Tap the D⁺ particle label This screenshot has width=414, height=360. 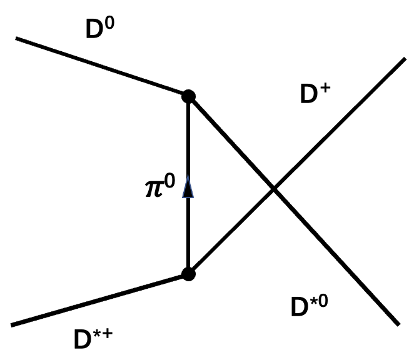tap(315, 94)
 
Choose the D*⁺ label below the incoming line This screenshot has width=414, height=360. tap(93, 339)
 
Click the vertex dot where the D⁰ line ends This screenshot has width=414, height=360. tap(188, 96)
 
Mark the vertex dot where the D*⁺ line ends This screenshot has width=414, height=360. tap(188, 274)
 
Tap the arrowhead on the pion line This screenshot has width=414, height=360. tap(187, 187)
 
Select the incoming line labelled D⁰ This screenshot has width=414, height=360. tap(100, 67)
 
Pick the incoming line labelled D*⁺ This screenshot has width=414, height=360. tap(100, 299)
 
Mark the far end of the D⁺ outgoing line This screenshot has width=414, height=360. tap(405, 59)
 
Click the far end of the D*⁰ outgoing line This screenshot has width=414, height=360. tap(398, 324)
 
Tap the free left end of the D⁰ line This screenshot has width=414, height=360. tap(17, 39)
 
